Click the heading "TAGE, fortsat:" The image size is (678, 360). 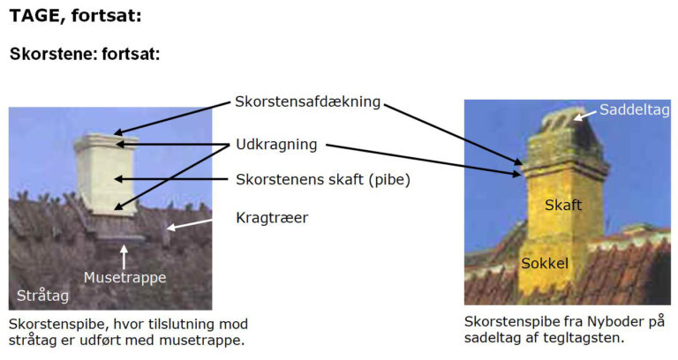(x=76, y=16)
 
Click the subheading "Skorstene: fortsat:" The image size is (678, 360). (x=85, y=54)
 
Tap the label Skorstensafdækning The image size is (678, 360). (x=307, y=101)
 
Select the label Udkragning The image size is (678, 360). (x=276, y=145)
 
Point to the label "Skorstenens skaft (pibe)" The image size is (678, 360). (x=323, y=179)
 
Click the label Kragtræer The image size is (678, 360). (x=272, y=217)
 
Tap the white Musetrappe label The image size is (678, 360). (x=125, y=277)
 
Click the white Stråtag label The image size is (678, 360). (x=42, y=296)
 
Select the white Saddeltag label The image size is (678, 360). (x=635, y=109)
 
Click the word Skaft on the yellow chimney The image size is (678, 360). (x=563, y=205)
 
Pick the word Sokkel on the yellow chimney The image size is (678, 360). (x=545, y=263)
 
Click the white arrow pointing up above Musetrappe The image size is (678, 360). (x=124, y=257)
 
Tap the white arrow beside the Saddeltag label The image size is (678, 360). (x=584, y=115)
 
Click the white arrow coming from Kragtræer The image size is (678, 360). (x=190, y=224)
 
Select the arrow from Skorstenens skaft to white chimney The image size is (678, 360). (x=170, y=179)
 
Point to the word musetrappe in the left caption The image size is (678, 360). (x=201, y=340)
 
